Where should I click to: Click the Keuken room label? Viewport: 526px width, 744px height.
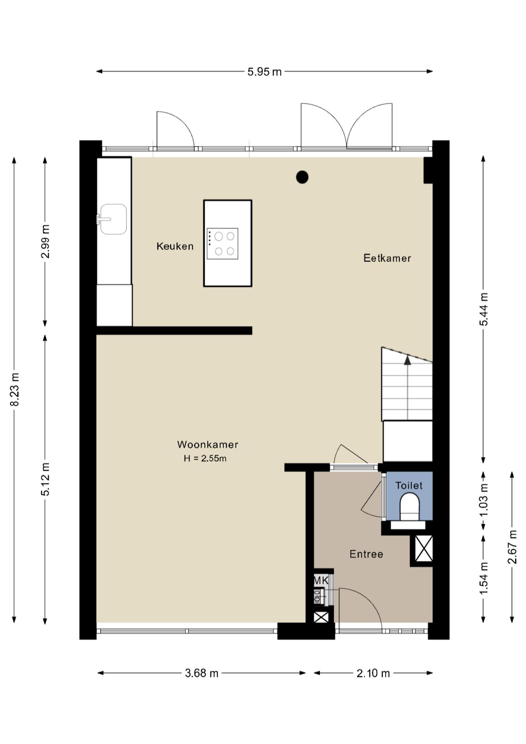[x=175, y=246]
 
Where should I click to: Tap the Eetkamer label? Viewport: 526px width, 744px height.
[x=387, y=258]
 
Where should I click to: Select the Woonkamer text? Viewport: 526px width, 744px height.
[x=208, y=444]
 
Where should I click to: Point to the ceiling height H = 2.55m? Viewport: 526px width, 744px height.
[x=205, y=458]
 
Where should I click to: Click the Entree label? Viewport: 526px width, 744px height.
[x=366, y=554]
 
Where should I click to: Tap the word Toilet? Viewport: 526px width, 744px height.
[x=409, y=486]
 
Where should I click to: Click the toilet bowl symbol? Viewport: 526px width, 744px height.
[x=409, y=506]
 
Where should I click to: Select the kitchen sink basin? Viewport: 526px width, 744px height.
[x=113, y=219]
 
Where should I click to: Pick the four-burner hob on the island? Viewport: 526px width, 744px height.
[x=222, y=244]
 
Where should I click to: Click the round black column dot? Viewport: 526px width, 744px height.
[x=302, y=177]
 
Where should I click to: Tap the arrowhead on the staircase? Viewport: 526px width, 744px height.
[x=407, y=360]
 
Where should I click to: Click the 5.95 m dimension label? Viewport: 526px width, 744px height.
[x=265, y=72]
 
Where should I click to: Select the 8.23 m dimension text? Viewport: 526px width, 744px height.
[x=14, y=389]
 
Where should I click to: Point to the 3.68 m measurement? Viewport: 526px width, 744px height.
[x=201, y=673]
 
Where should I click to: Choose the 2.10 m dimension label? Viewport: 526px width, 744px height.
[x=373, y=673]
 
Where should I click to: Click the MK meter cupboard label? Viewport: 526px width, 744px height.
[x=321, y=580]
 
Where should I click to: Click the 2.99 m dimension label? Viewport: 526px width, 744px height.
[x=45, y=241]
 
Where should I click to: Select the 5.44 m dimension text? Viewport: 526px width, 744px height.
[x=484, y=309]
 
